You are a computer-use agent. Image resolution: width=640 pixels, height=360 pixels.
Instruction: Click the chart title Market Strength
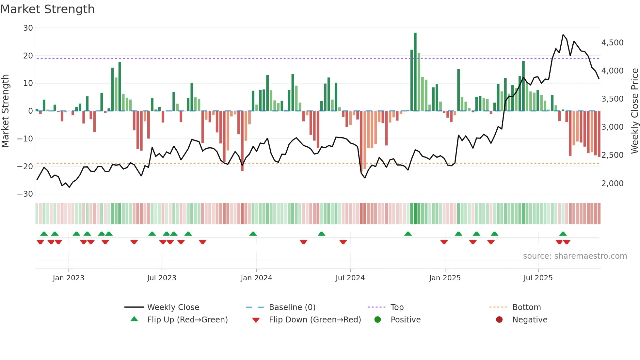click(x=47, y=9)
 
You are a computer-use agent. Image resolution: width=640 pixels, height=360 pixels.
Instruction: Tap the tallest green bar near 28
click(x=415, y=72)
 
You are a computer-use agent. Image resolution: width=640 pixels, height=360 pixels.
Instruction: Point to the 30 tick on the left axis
click(x=28, y=28)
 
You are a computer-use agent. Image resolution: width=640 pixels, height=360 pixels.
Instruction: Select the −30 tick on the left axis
click(x=25, y=194)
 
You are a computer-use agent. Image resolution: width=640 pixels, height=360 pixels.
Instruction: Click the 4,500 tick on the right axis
click(x=612, y=43)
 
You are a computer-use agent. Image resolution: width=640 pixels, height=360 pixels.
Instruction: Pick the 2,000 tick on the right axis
click(x=612, y=184)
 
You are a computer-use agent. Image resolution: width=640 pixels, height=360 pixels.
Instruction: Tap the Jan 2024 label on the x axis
click(x=256, y=278)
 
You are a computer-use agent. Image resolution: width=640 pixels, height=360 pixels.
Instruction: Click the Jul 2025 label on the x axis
click(x=538, y=278)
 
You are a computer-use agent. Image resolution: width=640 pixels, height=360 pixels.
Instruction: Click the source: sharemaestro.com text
click(x=575, y=256)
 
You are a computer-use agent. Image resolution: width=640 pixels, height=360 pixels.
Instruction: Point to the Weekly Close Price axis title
click(x=634, y=111)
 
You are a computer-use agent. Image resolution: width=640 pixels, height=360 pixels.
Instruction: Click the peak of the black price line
click(x=563, y=35)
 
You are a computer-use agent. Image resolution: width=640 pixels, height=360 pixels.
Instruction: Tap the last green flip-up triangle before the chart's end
click(x=563, y=234)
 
